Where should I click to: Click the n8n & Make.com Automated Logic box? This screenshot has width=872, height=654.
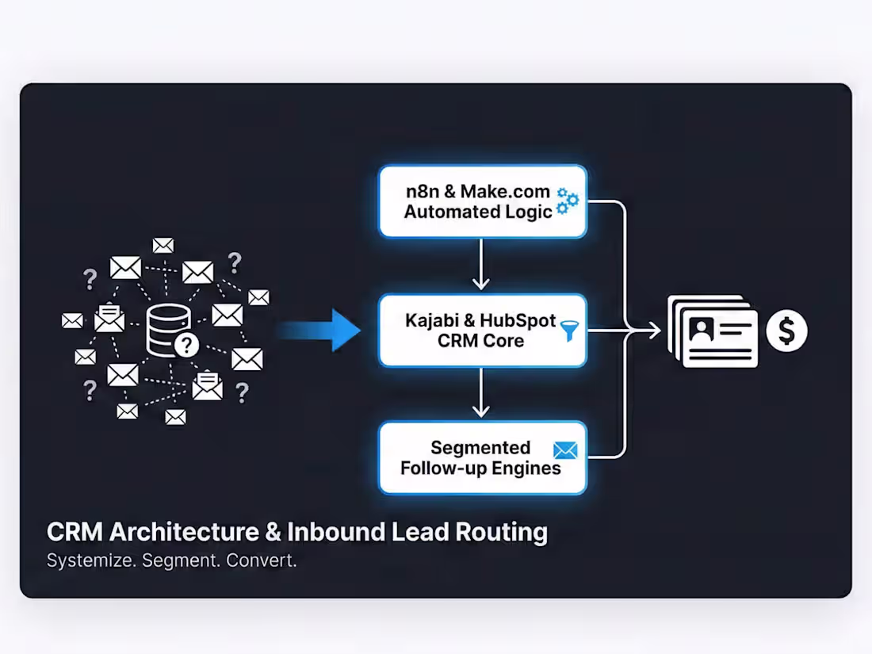coord(482,201)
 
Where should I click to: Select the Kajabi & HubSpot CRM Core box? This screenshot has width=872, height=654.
coord(482,331)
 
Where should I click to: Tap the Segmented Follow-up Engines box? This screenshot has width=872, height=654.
coord(482,458)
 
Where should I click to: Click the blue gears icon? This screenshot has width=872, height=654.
coord(568,201)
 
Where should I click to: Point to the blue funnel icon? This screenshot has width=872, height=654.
coord(568,331)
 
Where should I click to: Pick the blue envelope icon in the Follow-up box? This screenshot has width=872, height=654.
coord(565,450)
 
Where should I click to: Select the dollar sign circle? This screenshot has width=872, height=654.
coord(786,331)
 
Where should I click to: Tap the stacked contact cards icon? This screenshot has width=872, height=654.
coord(713,331)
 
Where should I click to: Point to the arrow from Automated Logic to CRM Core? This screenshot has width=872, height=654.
coord(480,266)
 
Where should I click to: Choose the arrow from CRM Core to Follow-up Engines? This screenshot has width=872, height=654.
coord(480,393)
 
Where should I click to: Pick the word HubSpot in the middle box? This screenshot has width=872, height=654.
coord(518,321)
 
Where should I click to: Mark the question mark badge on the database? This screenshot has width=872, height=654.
coord(186,344)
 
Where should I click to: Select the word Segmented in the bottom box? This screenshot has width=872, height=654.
coord(480,448)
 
